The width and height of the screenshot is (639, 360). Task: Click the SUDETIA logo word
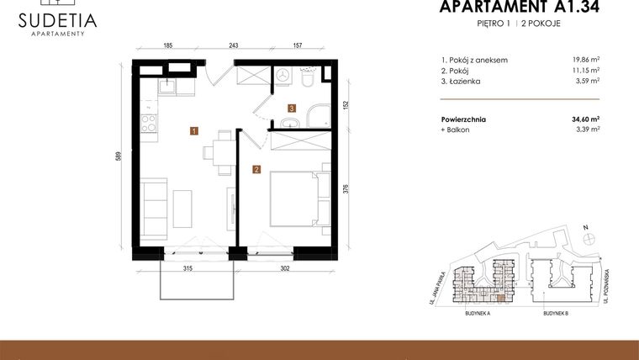pos(57,20)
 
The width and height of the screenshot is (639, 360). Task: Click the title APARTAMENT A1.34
pos(520,8)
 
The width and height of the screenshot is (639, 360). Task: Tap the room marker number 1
pos(194,130)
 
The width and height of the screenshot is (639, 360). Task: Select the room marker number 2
pos(256,169)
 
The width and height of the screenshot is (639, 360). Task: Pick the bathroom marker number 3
pos(291,108)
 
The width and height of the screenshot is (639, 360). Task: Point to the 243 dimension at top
pos(234,46)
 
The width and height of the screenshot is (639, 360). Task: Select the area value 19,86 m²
pos(585,61)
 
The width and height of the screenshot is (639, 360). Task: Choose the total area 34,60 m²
pos(585,119)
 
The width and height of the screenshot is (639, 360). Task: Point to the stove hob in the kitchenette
pos(149,124)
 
